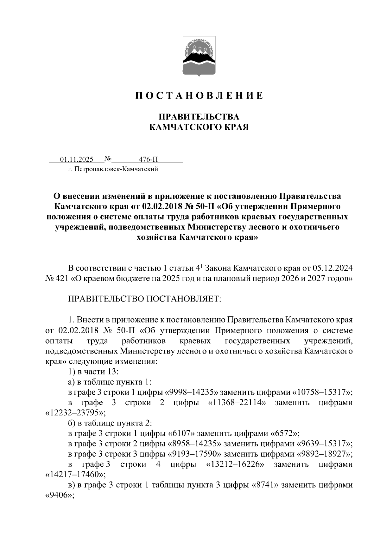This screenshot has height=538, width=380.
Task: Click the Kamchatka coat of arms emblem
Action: point(199,56)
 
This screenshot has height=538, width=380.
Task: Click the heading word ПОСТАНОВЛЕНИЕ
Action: point(199,95)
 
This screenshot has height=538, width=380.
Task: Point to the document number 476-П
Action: point(148,159)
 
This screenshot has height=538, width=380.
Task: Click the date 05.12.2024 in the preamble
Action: point(332,268)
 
